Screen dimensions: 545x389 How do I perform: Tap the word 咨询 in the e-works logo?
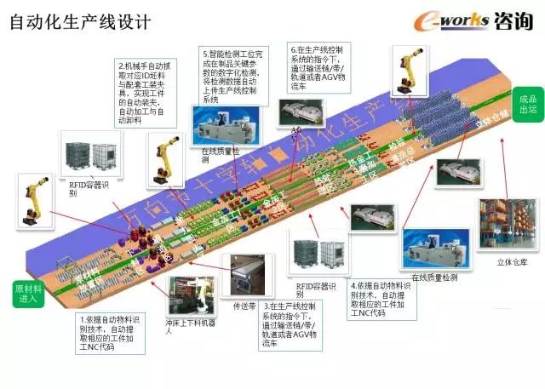[513, 20]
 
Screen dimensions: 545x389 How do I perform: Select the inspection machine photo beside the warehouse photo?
[436, 247]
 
